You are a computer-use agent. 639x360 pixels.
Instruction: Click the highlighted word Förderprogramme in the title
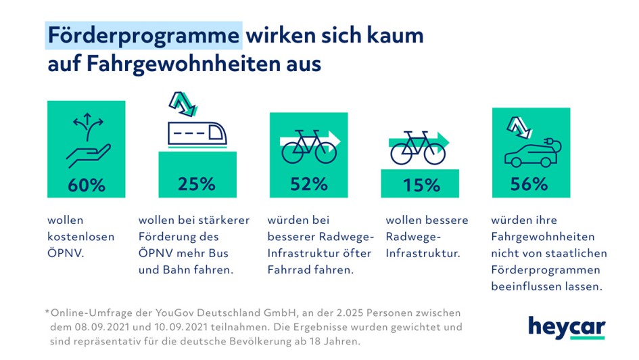coord(143,35)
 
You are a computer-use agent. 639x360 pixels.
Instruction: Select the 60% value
coord(86,184)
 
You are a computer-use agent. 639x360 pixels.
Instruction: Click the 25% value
coord(197,183)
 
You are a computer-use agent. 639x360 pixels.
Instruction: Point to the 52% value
coord(308,183)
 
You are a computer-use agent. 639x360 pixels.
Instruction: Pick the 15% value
coord(421,185)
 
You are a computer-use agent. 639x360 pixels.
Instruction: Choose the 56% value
coord(530,183)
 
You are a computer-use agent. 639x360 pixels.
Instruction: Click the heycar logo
coord(567,327)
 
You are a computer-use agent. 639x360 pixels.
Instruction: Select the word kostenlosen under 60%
coord(81,237)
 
